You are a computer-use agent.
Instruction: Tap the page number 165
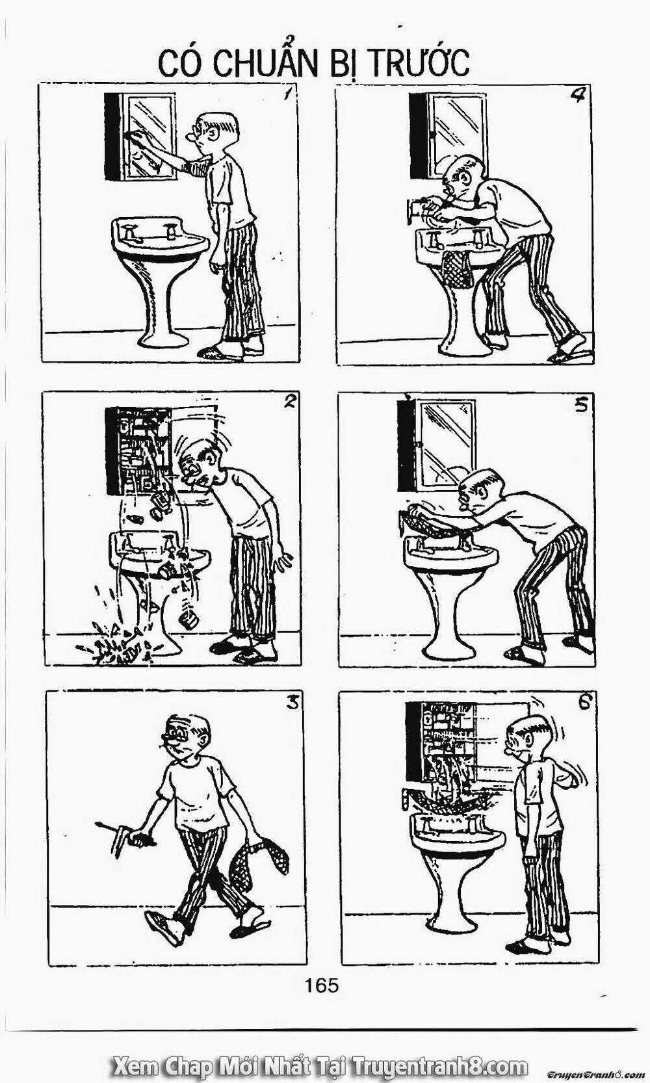click(x=322, y=985)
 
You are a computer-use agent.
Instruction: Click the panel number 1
click(x=287, y=94)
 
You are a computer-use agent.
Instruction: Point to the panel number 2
click(x=289, y=401)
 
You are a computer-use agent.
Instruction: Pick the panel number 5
click(x=581, y=405)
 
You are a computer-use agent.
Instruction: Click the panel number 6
click(x=584, y=703)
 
